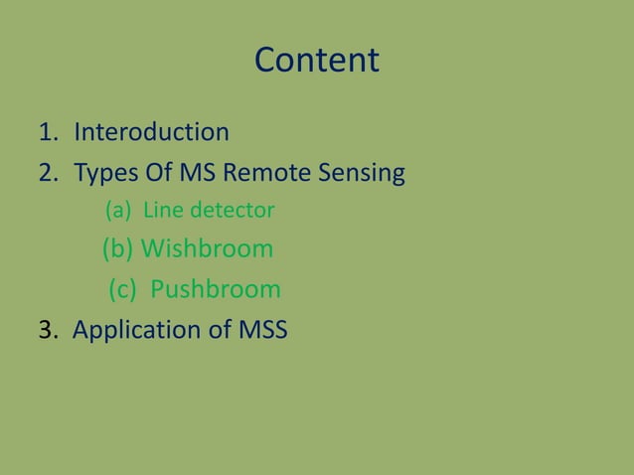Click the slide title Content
click(x=317, y=61)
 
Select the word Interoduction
click(x=151, y=132)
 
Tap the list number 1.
click(x=47, y=132)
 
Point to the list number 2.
click(x=47, y=174)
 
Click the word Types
click(x=105, y=175)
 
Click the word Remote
click(x=263, y=174)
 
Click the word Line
click(x=163, y=211)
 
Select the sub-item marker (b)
click(x=118, y=248)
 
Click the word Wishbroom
click(x=207, y=248)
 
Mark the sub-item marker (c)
click(x=123, y=289)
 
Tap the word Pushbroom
click(x=215, y=289)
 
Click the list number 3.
click(x=46, y=330)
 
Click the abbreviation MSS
click(x=263, y=330)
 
